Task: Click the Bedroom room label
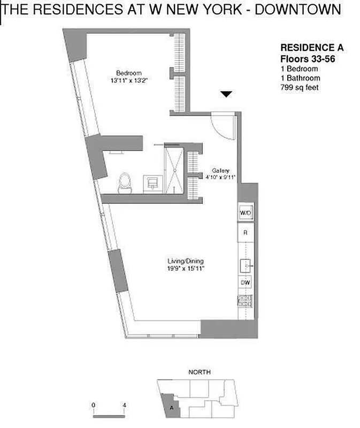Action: (129, 73)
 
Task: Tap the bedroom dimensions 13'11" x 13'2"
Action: (129, 81)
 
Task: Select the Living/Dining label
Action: (183, 262)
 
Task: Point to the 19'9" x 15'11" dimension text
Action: (183, 269)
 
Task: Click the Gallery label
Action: (220, 170)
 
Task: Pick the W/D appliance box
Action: (245, 213)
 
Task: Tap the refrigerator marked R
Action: (244, 233)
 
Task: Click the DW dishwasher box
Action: (244, 282)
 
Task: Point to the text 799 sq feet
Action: (300, 87)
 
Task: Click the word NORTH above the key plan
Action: (200, 372)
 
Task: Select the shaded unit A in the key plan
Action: (172, 404)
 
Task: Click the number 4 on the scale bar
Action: (124, 405)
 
